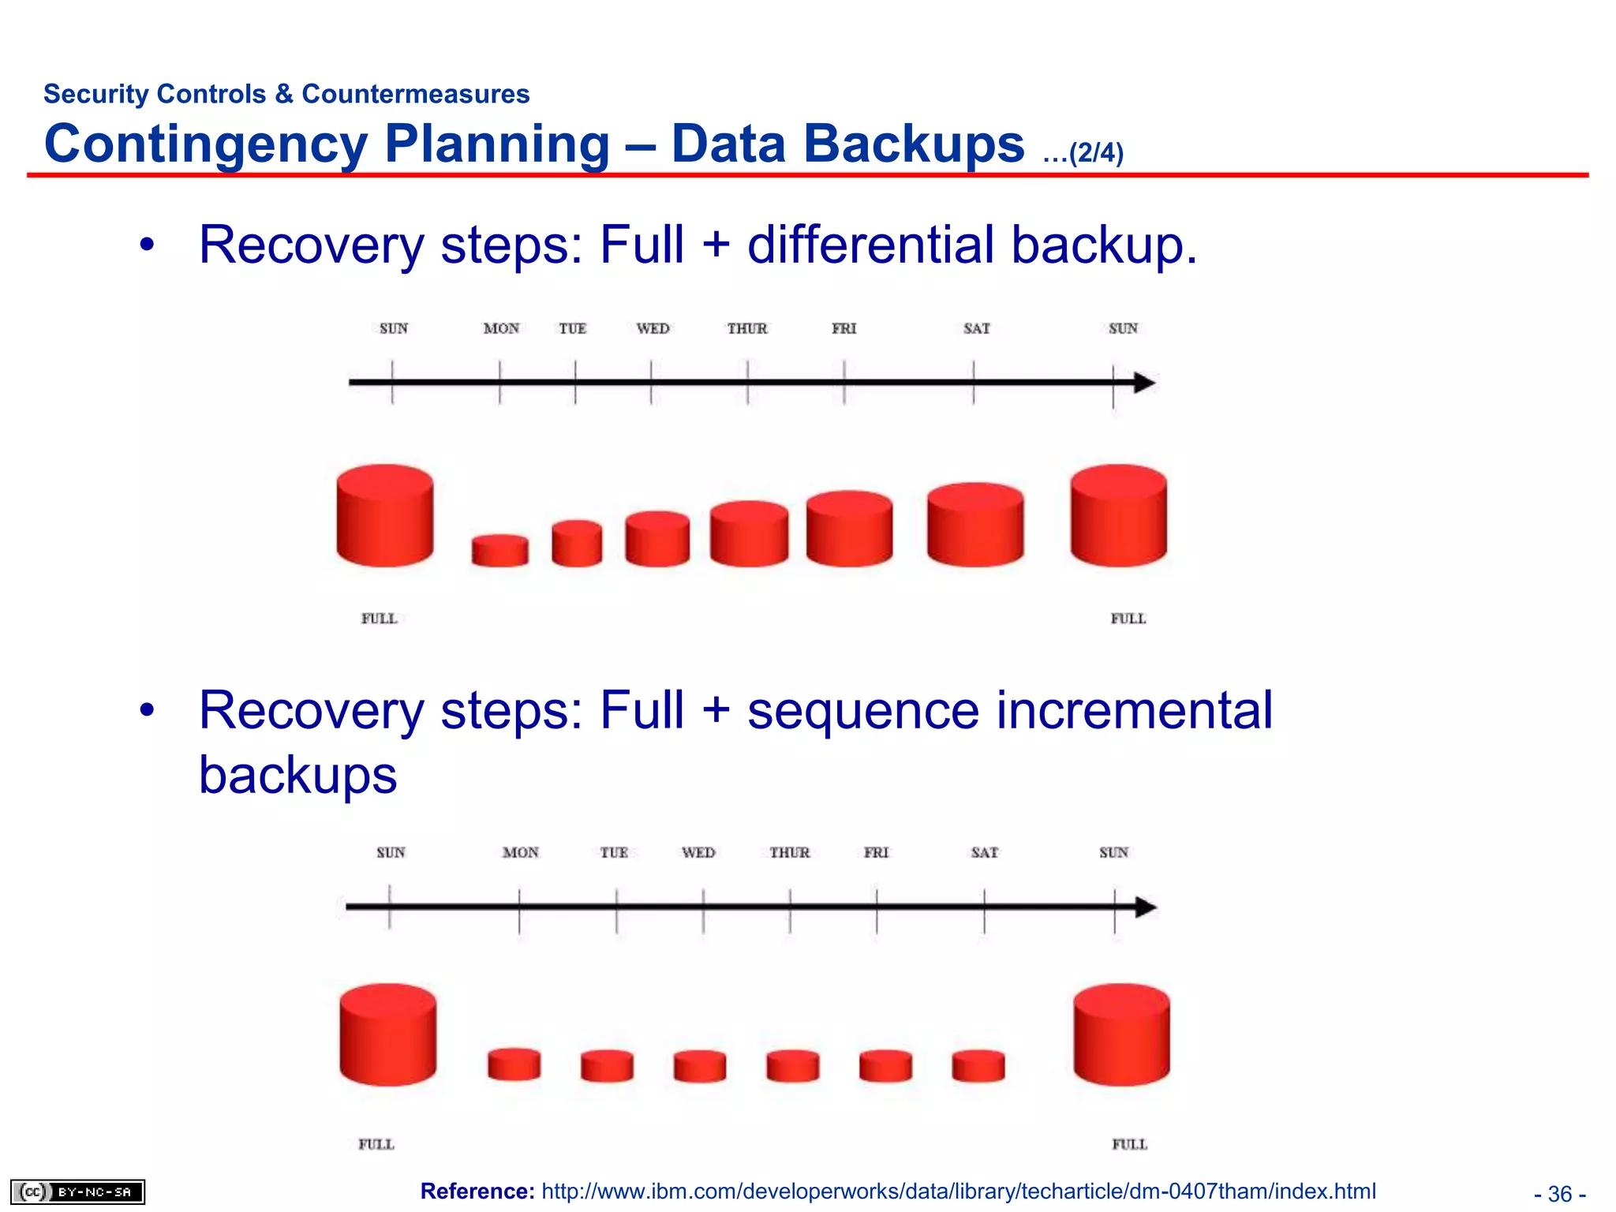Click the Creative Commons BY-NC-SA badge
[77, 1191]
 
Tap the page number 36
[1560, 1194]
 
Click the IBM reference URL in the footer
[958, 1191]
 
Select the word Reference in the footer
[477, 1191]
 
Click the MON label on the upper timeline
[501, 328]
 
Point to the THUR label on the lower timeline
[790, 852]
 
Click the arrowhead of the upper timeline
[1145, 383]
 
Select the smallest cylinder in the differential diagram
[499, 551]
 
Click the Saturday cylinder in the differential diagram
[975, 525]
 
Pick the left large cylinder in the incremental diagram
[387, 1034]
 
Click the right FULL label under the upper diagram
[1128, 619]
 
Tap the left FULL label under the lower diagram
[376, 1144]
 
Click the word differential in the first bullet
[870, 245]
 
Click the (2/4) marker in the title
[1095, 152]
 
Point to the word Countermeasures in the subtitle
[416, 94]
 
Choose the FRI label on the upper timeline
[844, 328]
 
